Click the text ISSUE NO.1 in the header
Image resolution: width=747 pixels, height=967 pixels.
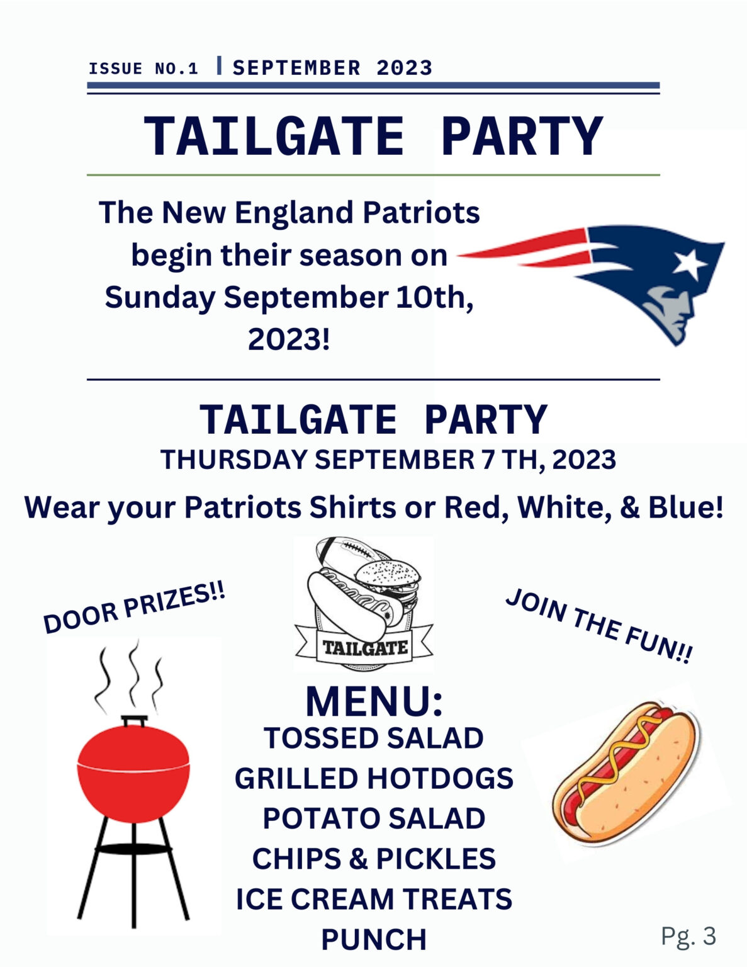143,69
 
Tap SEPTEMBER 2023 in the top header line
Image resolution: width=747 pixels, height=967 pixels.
332,68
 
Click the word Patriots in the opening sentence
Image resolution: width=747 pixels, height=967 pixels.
421,212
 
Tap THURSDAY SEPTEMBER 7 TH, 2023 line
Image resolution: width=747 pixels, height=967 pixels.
388,459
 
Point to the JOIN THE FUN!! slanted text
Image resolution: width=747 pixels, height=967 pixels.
599,625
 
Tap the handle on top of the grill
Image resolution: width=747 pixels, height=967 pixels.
134,720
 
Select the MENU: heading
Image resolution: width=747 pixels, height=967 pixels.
374,702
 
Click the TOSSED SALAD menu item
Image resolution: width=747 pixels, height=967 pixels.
374,738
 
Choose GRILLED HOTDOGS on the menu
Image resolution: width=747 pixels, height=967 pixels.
374,779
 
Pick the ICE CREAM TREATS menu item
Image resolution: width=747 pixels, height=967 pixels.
374,899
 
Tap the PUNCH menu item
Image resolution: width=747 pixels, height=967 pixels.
374,939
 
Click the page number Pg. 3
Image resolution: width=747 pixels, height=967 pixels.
688,936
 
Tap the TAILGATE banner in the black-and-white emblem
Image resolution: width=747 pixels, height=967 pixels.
364,647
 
